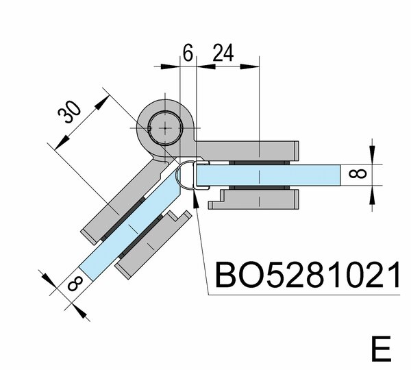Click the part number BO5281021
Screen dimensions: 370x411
pyautogui.click(x=306, y=275)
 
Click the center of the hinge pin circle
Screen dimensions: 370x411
pyautogui.click(x=166, y=127)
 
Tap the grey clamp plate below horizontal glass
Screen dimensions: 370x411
pyautogui.click(x=260, y=201)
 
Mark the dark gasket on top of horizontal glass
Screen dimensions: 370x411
pyautogui.click(x=260, y=162)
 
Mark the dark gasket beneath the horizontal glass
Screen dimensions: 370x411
pyautogui.click(x=260, y=187)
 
